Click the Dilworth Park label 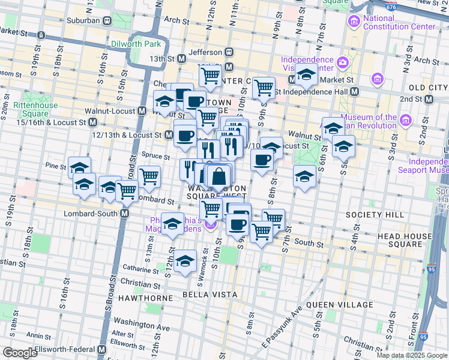click(x=136, y=44)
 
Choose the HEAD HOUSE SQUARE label click(x=408, y=240)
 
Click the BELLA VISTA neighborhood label click(x=216, y=295)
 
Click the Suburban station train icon click(x=107, y=20)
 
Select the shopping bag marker click(x=219, y=176)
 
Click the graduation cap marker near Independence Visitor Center click(x=306, y=75)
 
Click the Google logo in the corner click(x=20, y=353)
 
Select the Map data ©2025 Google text click(x=411, y=355)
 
